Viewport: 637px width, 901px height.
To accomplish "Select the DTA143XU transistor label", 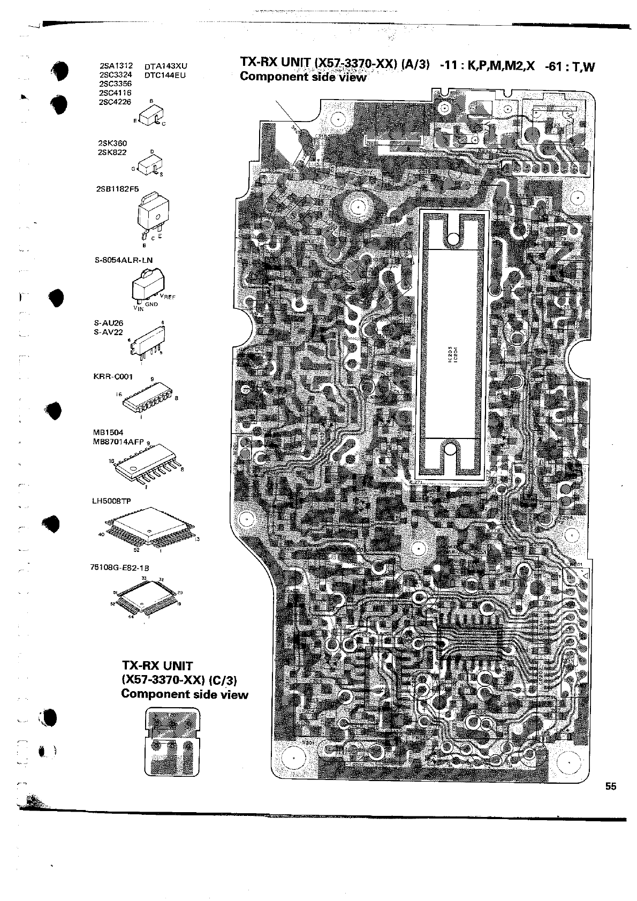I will [x=166, y=66].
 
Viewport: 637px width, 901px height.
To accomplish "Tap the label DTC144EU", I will [x=165, y=75].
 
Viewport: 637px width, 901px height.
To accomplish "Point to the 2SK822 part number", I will [x=112, y=152].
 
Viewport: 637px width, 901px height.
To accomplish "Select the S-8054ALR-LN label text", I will [x=123, y=260].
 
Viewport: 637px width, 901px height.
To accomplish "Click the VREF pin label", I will [x=175, y=296].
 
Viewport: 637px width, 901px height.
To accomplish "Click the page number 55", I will [x=611, y=786].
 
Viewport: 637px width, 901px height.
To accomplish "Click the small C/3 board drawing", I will [x=172, y=741].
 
